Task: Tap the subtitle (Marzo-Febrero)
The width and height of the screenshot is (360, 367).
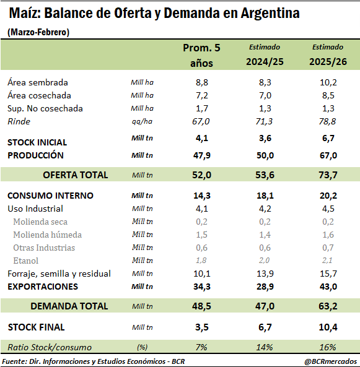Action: click(38, 32)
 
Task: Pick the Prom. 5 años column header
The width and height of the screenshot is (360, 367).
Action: click(201, 55)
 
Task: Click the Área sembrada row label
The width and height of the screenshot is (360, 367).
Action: click(38, 82)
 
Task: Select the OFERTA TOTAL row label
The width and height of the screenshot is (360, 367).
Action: click(75, 175)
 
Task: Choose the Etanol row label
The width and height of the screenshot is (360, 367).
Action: click(25, 261)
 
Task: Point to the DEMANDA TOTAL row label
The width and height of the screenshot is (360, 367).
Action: click(69, 306)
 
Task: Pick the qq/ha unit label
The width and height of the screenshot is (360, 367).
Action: click(143, 121)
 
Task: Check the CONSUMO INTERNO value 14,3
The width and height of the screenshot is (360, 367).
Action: click(201, 196)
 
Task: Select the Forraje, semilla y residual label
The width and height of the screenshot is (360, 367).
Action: click(59, 274)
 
